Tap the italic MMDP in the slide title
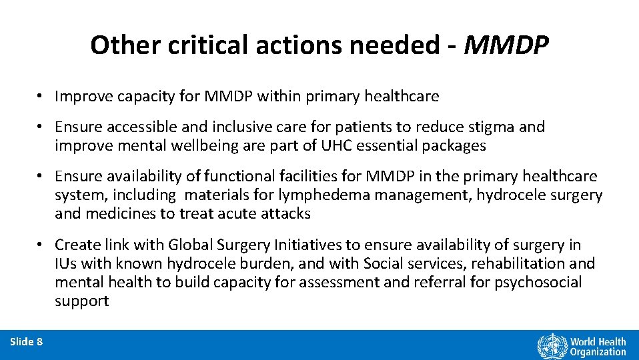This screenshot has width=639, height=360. click(506, 45)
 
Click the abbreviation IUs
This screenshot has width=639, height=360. click(66, 263)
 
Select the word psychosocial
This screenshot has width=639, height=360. click(538, 282)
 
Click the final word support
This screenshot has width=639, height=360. click(81, 301)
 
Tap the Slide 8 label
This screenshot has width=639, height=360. click(27, 342)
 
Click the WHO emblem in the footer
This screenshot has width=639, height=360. click(551, 346)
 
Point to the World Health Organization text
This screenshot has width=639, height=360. click(598, 346)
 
